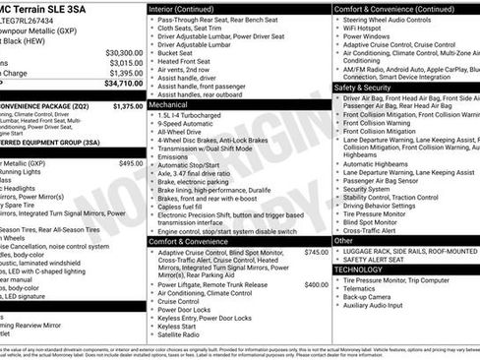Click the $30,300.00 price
tap(124, 53)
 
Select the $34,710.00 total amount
tap(124, 84)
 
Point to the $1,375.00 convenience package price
tap(128, 105)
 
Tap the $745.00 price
tap(316, 253)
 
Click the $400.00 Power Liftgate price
tap(316, 284)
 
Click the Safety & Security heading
tap(363, 88)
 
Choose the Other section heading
tap(343, 240)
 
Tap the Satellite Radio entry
tap(183, 334)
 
